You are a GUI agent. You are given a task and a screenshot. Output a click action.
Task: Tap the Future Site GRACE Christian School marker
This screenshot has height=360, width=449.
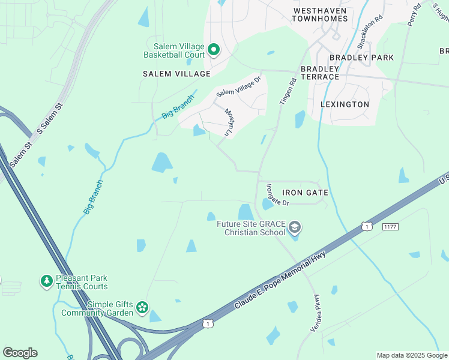[x=294, y=227]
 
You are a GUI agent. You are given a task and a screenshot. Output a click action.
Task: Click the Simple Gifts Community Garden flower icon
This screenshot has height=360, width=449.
[x=142, y=308]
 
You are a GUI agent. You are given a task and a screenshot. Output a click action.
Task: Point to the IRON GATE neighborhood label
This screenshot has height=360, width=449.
[x=305, y=193]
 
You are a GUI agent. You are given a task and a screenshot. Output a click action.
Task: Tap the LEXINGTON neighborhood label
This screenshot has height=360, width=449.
[x=345, y=104]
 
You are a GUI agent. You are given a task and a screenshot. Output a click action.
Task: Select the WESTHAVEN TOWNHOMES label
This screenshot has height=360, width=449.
[x=320, y=15]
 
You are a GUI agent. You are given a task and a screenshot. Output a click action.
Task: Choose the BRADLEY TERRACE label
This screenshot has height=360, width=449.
[x=320, y=73]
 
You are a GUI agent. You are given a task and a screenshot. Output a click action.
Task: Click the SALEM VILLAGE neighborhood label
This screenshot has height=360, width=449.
[x=176, y=74]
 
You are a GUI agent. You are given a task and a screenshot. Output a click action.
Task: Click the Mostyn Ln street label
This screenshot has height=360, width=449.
[x=229, y=122]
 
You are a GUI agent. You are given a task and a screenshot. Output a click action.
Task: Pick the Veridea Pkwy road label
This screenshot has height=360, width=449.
[x=315, y=310]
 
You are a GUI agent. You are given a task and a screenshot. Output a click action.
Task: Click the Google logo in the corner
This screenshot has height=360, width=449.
[x=20, y=353]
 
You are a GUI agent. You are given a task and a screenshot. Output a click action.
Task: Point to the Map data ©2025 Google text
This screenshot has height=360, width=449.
[x=411, y=355]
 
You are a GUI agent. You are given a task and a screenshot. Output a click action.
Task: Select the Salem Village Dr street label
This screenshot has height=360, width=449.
[x=239, y=86]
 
